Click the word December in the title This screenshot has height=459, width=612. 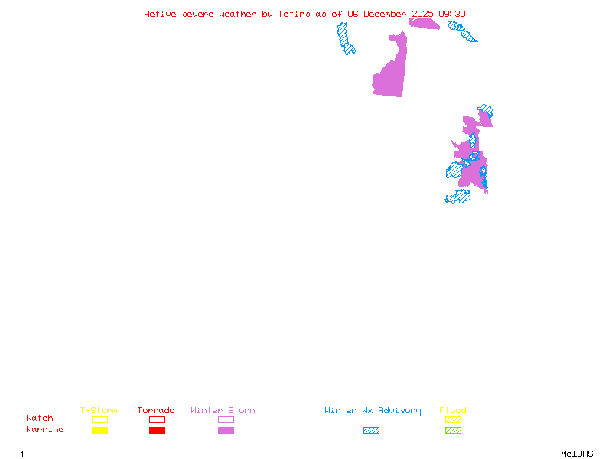[x=386, y=14]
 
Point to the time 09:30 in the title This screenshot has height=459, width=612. [x=454, y=14]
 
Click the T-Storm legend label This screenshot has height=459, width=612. [x=99, y=411]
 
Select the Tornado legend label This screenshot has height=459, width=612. [x=156, y=411]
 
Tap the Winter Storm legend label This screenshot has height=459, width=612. [x=223, y=411]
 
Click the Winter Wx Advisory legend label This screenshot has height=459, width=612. [x=373, y=411]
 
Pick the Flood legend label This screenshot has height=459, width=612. [x=453, y=411]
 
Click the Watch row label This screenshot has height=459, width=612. [x=40, y=418]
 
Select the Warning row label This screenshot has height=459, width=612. [x=45, y=430]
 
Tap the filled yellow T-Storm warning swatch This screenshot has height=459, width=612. [x=99, y=431]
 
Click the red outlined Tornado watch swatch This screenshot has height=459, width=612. [x=157, y=419]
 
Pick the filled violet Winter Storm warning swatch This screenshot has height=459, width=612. [x=226, y=431]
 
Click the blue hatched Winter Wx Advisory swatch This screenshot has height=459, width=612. [x=371, y=431]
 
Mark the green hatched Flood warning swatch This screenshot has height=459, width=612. [x=453, y=431]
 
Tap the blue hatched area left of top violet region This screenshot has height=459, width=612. [x=346, y=38]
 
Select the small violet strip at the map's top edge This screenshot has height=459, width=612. [x=423, y=24]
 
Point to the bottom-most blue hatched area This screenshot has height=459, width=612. [x=458, y=197]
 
